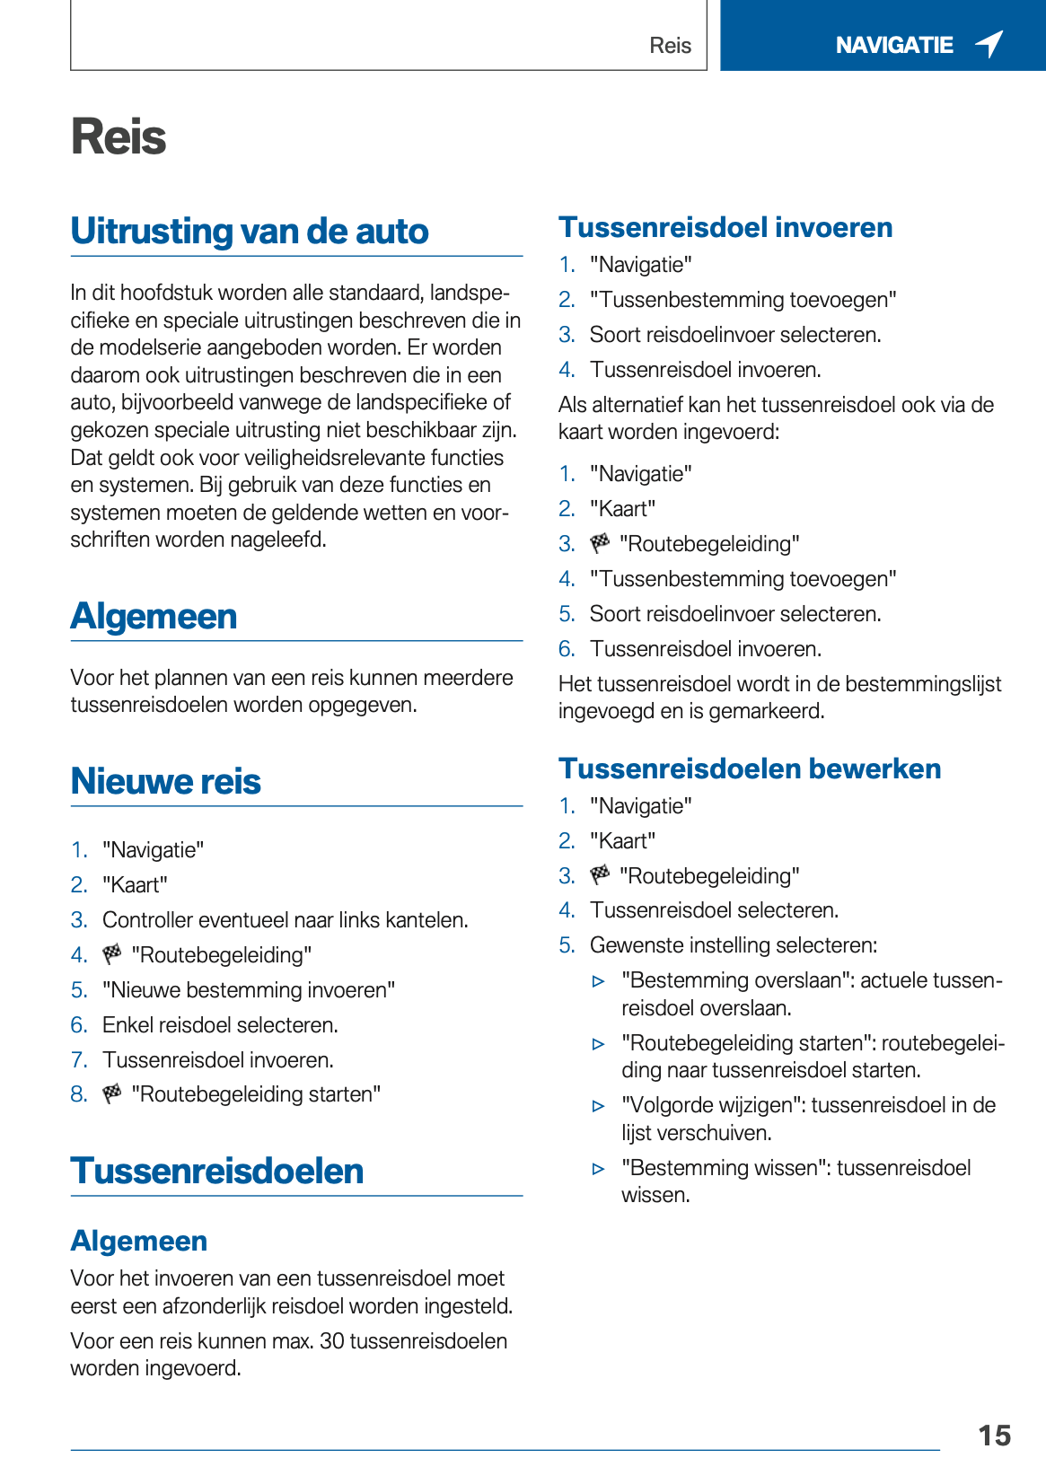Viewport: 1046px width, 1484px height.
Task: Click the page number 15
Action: pos(994,1436)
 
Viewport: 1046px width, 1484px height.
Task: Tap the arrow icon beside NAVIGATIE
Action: pos(989,43)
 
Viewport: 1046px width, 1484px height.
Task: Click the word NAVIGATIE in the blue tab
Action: pos(893,45)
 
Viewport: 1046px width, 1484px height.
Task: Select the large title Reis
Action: pos(119,137)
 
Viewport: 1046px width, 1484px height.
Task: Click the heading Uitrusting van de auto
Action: pos(250,231)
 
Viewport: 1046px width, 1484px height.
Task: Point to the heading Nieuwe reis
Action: pos(166,781)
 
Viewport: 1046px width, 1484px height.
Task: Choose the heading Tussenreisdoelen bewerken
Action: pos(750,768)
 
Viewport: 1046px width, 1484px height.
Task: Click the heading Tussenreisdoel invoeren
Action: pos(725,227)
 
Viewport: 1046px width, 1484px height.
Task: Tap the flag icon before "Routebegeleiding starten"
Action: pos(112,1093)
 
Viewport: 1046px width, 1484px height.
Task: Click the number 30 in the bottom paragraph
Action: pos(332,1340)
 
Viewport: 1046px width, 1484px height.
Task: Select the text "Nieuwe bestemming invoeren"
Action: pos(249,989)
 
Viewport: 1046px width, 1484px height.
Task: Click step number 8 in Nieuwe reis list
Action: pos(79,1093)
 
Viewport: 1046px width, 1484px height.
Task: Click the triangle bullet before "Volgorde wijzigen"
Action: pos(599,1106)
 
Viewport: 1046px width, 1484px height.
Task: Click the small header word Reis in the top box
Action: pos(670,46)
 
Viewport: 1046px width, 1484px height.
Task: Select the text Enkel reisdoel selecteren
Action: pos(220,1024)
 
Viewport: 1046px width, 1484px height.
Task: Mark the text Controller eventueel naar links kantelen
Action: pos(285,919)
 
